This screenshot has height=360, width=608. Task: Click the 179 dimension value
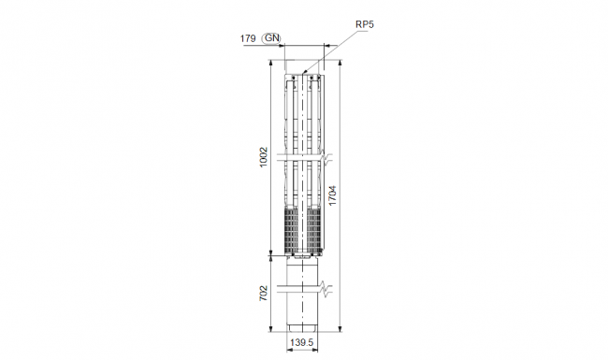click(x=248, y=38)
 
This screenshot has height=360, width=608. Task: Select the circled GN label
click(x=272, y=38)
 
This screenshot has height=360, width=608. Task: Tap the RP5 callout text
click(x=365, y=24)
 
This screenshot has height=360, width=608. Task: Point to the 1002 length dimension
click(x=264, y=157)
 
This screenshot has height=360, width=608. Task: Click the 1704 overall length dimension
click(x=333, y=195)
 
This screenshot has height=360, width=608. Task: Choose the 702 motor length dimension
click(x=264, y=294)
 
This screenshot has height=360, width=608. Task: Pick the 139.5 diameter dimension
click(x=302, y=342)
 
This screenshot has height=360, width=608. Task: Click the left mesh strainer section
click(x=291, y=229)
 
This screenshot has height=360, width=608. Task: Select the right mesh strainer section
click(x=314, y=229)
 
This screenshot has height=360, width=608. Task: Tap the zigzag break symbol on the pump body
click(x=326, y=157)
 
